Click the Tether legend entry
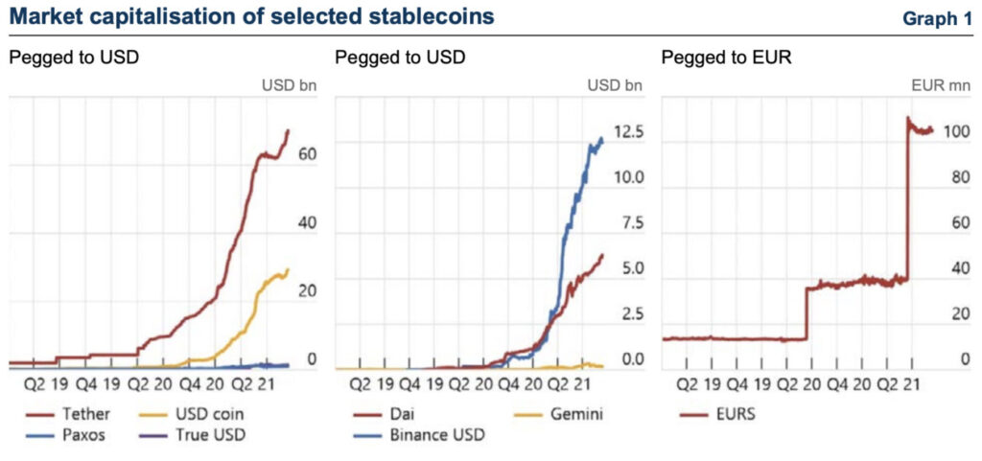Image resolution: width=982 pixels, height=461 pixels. [82, 414]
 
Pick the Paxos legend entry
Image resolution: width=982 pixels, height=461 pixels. [82, 433]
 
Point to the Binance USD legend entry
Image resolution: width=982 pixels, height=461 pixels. [433, 434]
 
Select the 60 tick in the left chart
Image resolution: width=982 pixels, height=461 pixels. [309, 153]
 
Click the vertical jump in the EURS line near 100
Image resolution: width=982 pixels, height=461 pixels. [907, 201]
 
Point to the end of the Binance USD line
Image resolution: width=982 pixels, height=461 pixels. [602, 139]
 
